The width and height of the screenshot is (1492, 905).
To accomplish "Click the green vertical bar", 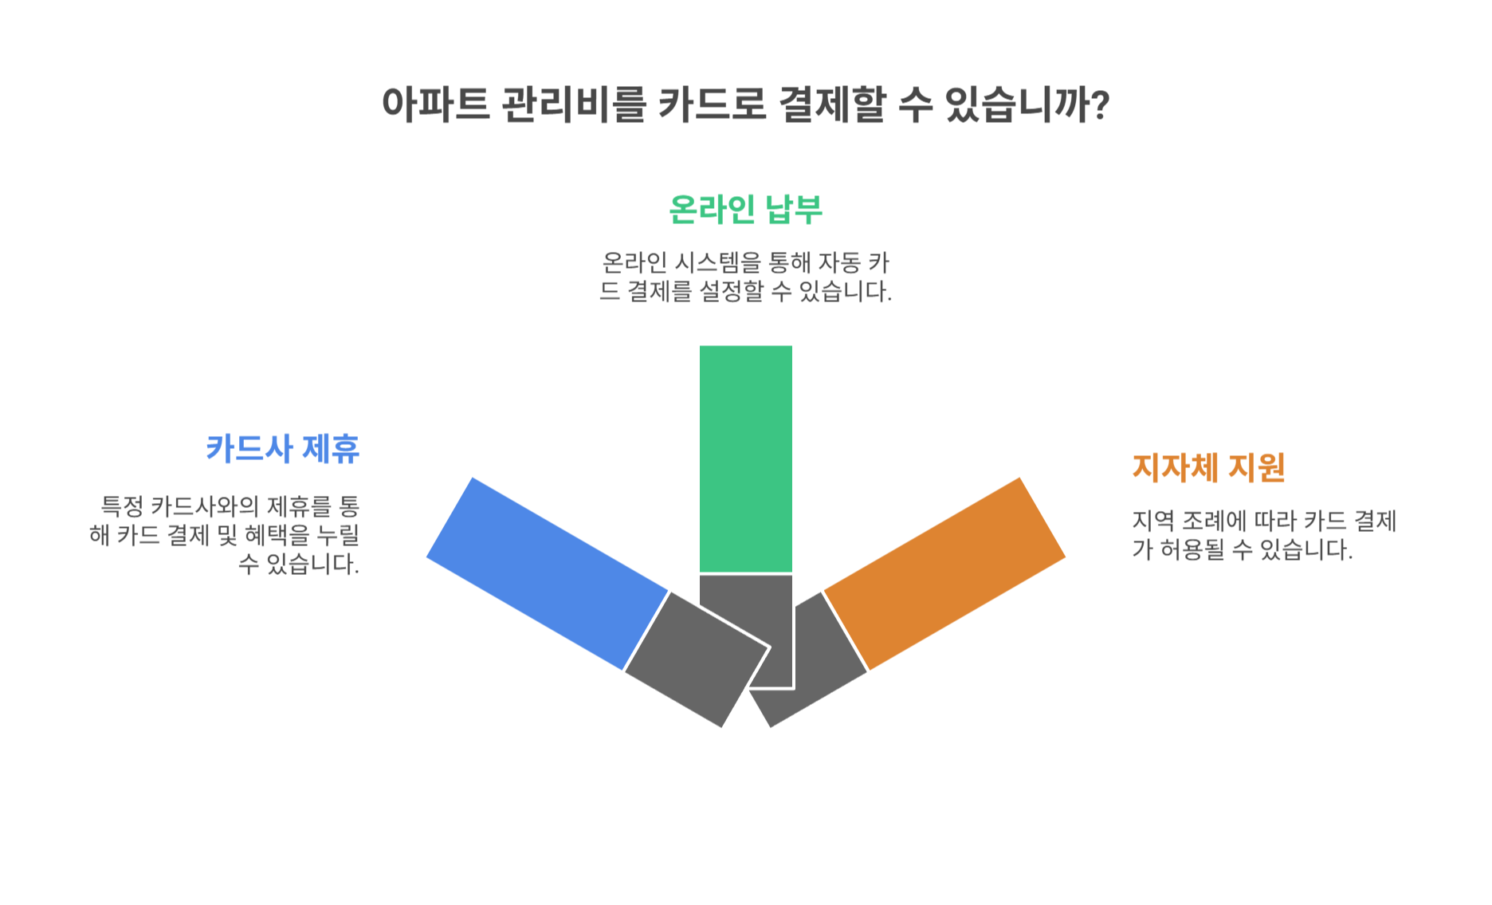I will click(x=745, y=458).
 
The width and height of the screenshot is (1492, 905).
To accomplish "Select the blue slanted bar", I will click(x=547, y=573).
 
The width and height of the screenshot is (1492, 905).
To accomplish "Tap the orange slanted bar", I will click(x=944, y=573).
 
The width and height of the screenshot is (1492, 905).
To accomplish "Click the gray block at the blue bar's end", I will click(x=695, y=659).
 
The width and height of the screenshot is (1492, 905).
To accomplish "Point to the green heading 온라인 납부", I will click(x=745, y=210).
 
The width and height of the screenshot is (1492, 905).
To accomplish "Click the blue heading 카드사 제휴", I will click(x=283, y=449).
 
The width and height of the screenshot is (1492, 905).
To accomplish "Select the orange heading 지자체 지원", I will click(x=1208, y=468).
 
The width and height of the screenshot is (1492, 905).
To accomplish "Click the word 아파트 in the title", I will click(x=435, y=104).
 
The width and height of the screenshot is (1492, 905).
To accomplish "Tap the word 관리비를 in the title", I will click(x=573, y=104).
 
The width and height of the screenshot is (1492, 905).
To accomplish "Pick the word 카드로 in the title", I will click(x=712, y=104).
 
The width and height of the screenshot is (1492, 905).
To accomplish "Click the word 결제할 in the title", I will click(x=832, y=104).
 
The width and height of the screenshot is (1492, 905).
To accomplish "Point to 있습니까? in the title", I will click(x=1027, y=104).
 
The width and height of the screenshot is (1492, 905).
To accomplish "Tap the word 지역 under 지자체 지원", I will click(x=1153, y=521).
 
